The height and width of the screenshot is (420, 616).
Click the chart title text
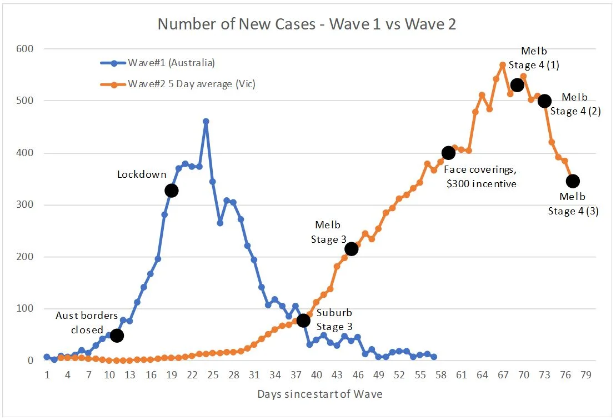point(307,24)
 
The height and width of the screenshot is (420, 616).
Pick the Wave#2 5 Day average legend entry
point(192,84)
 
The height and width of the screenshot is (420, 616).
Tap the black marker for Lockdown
point(171,191)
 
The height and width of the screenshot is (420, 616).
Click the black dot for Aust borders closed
point(117,336)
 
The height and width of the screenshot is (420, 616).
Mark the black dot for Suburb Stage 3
point(303,321)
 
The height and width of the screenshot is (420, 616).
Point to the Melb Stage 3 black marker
point(351,249)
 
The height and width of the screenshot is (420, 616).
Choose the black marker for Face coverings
point(448,153)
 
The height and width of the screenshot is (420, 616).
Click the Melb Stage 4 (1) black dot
point(517,85)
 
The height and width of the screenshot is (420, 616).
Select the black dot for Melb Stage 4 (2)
point(544,101)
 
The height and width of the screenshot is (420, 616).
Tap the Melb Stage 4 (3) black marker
point(573,181)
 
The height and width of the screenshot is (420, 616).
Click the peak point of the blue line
point(206,121)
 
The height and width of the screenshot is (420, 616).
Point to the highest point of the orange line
point(503,65)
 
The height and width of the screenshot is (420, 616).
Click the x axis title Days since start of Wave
point(319,394)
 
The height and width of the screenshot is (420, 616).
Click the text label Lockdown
point(142,174)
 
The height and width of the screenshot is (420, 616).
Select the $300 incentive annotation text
point(481,183)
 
